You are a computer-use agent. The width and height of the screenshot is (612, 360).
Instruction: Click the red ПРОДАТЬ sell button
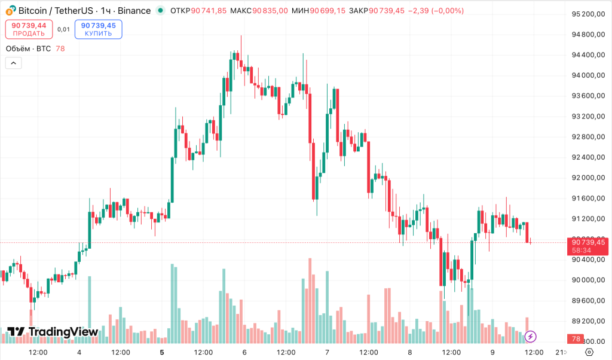click(29, 29)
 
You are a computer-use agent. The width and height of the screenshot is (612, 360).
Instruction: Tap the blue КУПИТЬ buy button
click(99, 29)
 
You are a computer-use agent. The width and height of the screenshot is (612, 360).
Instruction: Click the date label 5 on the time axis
click(162, 352)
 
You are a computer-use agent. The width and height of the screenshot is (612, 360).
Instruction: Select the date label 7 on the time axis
click(327, 352)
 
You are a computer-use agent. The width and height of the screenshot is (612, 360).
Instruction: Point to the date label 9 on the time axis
click(492, 352)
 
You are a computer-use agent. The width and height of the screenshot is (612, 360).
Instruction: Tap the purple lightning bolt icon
click(530, 337)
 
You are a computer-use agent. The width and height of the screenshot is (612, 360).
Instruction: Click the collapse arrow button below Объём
click(13, 63)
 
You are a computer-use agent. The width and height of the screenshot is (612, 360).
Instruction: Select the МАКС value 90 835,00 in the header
click(270, 11)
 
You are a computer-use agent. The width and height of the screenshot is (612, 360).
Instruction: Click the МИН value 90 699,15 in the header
click(328, 11)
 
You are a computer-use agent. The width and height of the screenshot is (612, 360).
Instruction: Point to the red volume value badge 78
click(576, 339)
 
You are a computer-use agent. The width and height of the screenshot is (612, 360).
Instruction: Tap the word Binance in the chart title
click(134, 11)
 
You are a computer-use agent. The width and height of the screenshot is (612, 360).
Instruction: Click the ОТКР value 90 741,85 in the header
click(209, 11)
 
